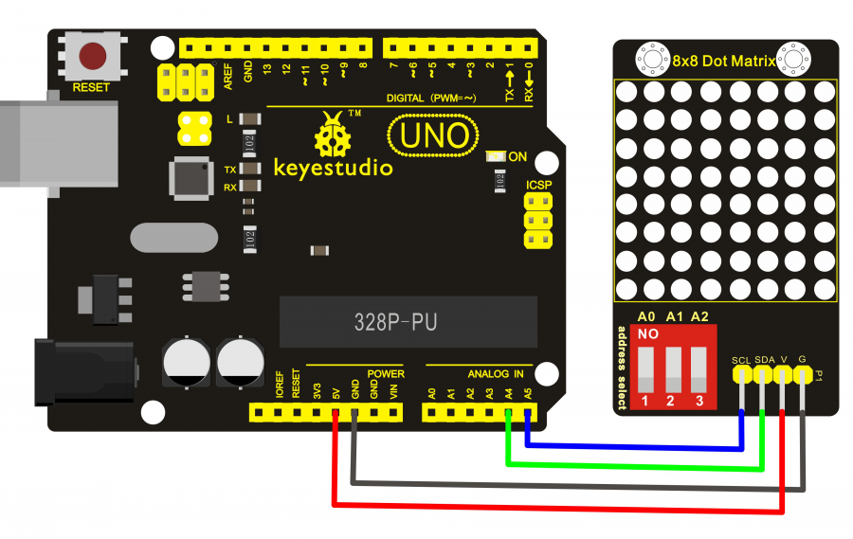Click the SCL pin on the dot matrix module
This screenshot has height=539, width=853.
click(741, 375)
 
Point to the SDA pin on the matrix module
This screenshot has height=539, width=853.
click(763, 375)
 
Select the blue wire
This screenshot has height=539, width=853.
click(635, 443)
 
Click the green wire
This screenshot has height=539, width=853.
click(635, 465)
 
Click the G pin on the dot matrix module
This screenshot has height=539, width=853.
click(804, 375)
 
